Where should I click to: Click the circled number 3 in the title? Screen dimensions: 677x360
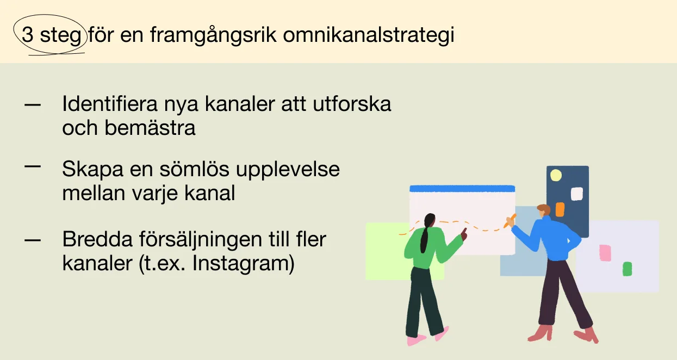(x=27, y=34)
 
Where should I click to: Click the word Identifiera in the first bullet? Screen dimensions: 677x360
(x=110, y=104)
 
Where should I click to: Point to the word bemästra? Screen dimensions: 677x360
(x=150, y=128)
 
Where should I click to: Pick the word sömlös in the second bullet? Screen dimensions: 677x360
(x=194, y=169)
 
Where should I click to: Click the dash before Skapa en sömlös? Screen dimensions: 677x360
(x=32, y=166)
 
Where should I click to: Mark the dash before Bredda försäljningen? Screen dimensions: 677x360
(x=32, y=240)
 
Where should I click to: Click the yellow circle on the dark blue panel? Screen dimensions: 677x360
(x=556, y=175)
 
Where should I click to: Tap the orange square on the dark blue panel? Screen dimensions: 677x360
(x=560, y=209)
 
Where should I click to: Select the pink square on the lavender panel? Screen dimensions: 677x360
(x=605, y=253)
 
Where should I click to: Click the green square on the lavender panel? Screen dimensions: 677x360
(x=627, y=269)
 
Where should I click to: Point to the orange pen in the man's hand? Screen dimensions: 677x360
(x=510, y=221)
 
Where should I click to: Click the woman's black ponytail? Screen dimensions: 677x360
(x=426, y=233)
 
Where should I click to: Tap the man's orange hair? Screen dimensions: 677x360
(x=544, y=209)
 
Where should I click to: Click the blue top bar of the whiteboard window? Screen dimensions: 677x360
(x=462, y=189)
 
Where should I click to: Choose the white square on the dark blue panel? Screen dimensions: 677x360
(x=576, y=194)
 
